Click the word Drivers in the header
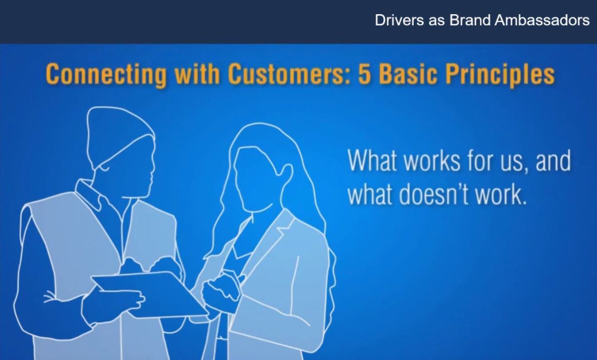[399, 20]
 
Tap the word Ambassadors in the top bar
[542, 20]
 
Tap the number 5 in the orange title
[364, 74]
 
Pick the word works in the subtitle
[432, 160]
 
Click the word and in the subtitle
[553, 160]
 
